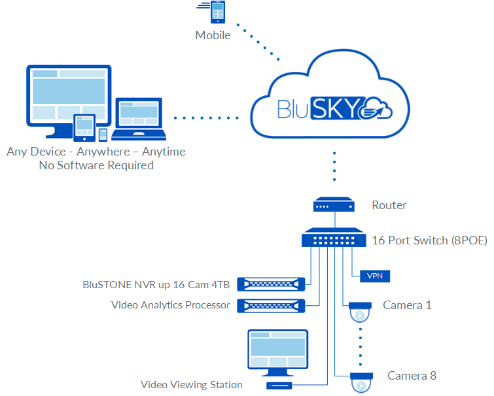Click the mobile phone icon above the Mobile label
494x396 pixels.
217,14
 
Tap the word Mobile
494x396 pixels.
213,35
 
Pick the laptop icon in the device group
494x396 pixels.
139,120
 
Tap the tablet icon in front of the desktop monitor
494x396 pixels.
84,127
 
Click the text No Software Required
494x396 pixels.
96,165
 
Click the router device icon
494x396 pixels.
334,205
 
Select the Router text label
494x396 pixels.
389,205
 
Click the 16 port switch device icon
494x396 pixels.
333,239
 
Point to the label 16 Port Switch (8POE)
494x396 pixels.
429,240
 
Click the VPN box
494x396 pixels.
376,276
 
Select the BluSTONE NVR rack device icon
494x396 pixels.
271,284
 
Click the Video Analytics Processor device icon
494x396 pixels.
271,305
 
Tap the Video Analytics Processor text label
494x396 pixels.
170,305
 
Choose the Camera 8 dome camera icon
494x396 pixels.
361,382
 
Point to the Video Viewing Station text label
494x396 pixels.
191,385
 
